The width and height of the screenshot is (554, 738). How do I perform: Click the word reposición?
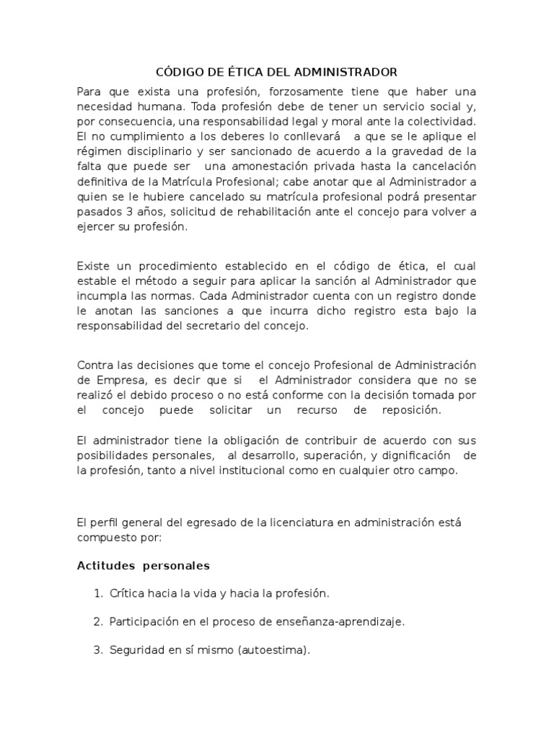(x=410, y=409)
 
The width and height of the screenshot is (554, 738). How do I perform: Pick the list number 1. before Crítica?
(x=98, y=594)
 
